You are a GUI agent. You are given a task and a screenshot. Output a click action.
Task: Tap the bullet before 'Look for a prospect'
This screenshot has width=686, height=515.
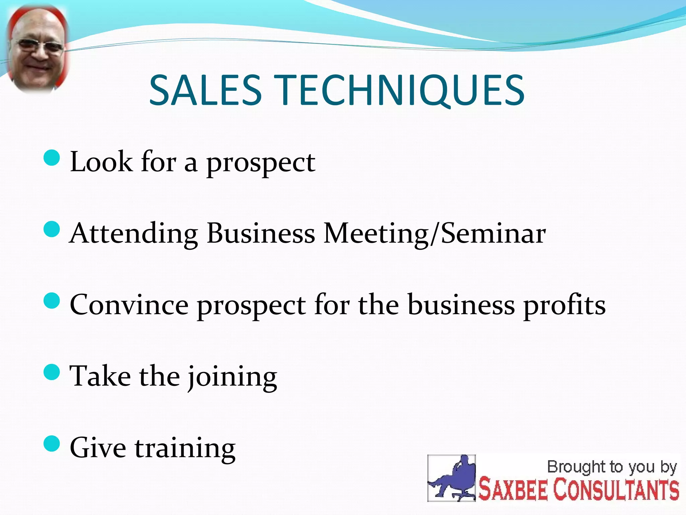click(52, 158)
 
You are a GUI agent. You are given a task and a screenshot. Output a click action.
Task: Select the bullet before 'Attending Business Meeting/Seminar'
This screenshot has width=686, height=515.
click(52, 229)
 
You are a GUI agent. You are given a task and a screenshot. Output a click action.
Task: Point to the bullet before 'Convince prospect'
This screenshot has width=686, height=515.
click(52, 301)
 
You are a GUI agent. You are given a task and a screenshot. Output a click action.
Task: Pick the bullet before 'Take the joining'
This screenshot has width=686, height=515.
click(52, 372)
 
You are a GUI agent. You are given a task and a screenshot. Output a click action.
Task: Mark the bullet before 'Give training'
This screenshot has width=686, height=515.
click(52, 444)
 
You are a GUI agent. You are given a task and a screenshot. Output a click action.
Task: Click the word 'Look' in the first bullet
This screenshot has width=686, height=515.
click(101, 162)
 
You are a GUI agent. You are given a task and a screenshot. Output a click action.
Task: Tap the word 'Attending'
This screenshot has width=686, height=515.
click(134, 234)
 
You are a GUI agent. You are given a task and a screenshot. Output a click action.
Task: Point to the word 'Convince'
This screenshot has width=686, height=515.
click(129, 305)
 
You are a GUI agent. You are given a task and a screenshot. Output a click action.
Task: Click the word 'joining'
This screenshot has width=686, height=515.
click(232, 377)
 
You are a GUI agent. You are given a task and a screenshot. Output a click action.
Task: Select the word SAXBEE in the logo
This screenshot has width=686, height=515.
click(512, 490)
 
